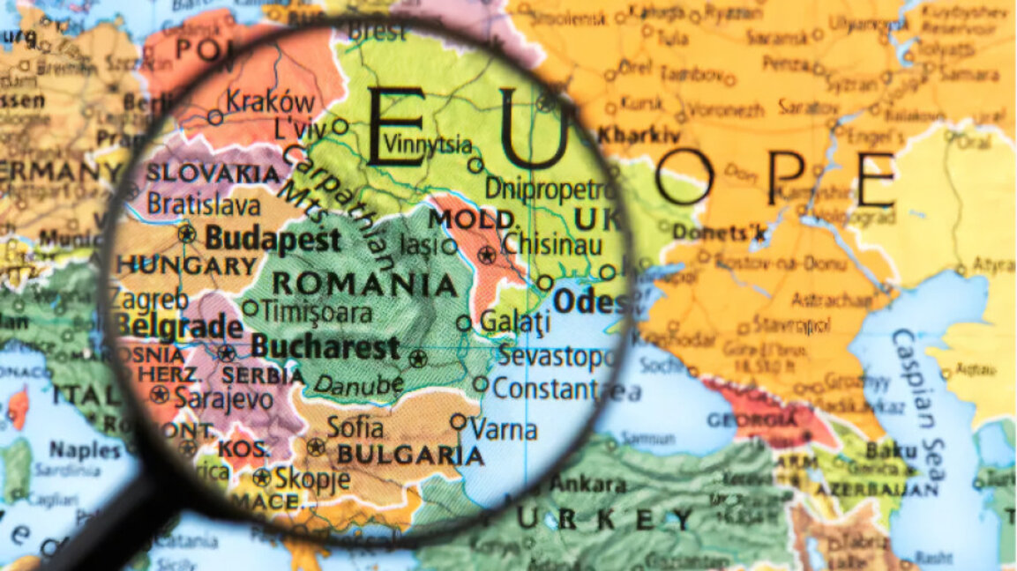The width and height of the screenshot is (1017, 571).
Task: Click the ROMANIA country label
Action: [363, 284]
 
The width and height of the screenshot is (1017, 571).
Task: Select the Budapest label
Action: [273, 238]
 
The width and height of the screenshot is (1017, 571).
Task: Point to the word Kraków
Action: [270, 102]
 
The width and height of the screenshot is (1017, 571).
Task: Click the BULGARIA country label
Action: [410, 456]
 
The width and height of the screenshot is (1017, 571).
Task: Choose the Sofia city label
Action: [355, 427]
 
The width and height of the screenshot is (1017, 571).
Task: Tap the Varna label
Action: [504, 429]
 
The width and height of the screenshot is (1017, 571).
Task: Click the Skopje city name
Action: [311, 479]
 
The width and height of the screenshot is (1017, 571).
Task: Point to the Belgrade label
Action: [179, 326]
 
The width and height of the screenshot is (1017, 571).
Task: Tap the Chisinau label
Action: [552, 245]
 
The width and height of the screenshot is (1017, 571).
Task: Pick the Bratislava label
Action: [204, 205]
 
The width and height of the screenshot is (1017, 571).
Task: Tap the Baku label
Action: [891, 451]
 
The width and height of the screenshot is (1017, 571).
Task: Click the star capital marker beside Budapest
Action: [186, 234]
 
